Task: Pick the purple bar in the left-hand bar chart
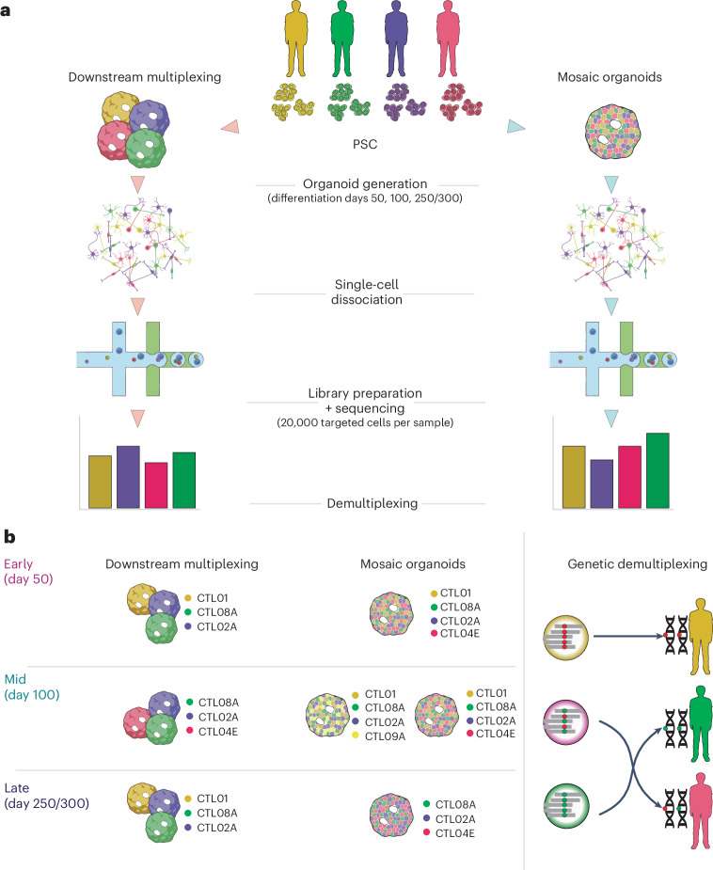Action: pyautogui.click(x=128, y=477)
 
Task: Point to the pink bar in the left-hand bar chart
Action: pyautogui.click(x=156, y=485)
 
